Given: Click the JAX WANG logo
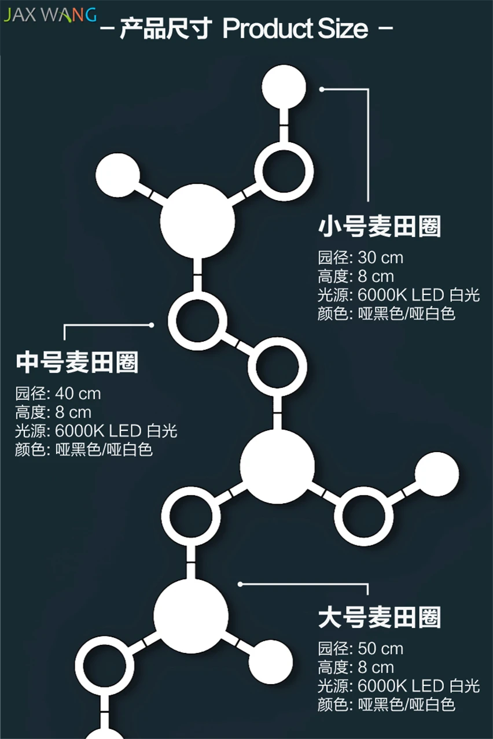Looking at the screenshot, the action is tap(50, 15).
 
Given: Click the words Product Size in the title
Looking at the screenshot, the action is tap(295, 28).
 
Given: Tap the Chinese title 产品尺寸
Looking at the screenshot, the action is tap(166, 29).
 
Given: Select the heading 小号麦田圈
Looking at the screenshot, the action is tap(380, 227).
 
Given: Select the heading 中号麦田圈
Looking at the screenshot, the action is tap(78, 362).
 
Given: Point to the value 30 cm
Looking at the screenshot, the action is tap(380, 258).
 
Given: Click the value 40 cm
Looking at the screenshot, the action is tap(78, 394).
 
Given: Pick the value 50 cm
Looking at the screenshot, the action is tap(380, 649).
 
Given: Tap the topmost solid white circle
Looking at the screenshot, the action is tap(284, 86).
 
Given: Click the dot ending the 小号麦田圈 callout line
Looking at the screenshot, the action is tap(322, 89).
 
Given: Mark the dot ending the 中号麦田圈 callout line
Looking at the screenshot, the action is tap(151, 325).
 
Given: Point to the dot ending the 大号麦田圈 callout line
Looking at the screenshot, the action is tap(240, 584).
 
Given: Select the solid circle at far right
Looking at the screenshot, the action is tap(437, 474).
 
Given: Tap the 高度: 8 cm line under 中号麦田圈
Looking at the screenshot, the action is tap(53, 412).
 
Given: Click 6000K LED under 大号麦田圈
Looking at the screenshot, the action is tap(400, 686).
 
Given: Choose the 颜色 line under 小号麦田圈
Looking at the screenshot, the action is tap(387, 314).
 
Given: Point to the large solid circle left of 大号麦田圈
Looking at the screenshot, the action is tap(191, 616).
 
